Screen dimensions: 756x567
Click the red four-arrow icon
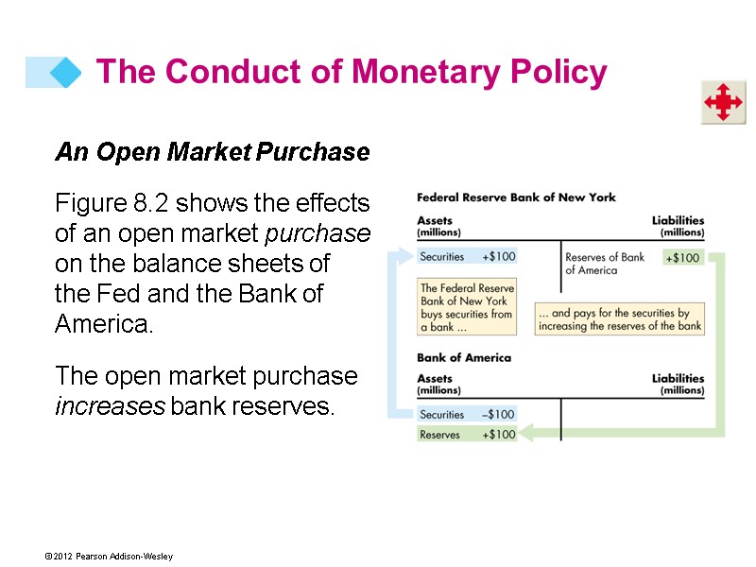(723, 101)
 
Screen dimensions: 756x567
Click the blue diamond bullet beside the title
(64, 73)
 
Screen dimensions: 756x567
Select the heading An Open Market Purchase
(212, 151)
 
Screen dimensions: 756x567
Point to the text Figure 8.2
(112, 203)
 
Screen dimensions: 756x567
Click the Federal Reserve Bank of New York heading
(516, 198)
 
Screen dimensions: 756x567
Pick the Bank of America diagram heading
(463, 358)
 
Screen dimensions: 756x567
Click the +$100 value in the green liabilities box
(682, 257)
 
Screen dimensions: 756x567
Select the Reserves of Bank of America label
(604, 263)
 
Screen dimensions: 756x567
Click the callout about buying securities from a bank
(467, 307)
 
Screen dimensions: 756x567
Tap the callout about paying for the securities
(620, 319)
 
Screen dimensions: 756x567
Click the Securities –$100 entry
(467, 414)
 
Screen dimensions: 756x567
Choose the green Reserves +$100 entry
(467, 435)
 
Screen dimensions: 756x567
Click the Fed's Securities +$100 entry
(467, 256)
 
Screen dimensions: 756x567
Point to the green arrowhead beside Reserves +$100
(526, 434)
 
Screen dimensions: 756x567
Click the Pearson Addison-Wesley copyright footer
(107, 557)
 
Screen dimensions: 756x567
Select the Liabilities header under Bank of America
(678, 383)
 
